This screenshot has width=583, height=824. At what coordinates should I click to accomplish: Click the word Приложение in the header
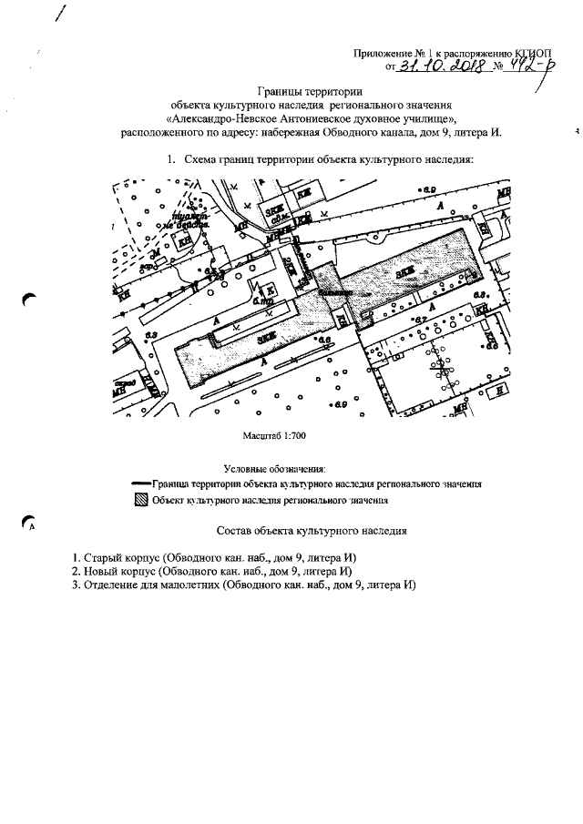[x=382, y=53]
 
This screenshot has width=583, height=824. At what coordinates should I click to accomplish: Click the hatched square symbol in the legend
[x=140, y=500]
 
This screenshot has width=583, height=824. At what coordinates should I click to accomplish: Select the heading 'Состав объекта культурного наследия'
[x=311, y=530]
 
